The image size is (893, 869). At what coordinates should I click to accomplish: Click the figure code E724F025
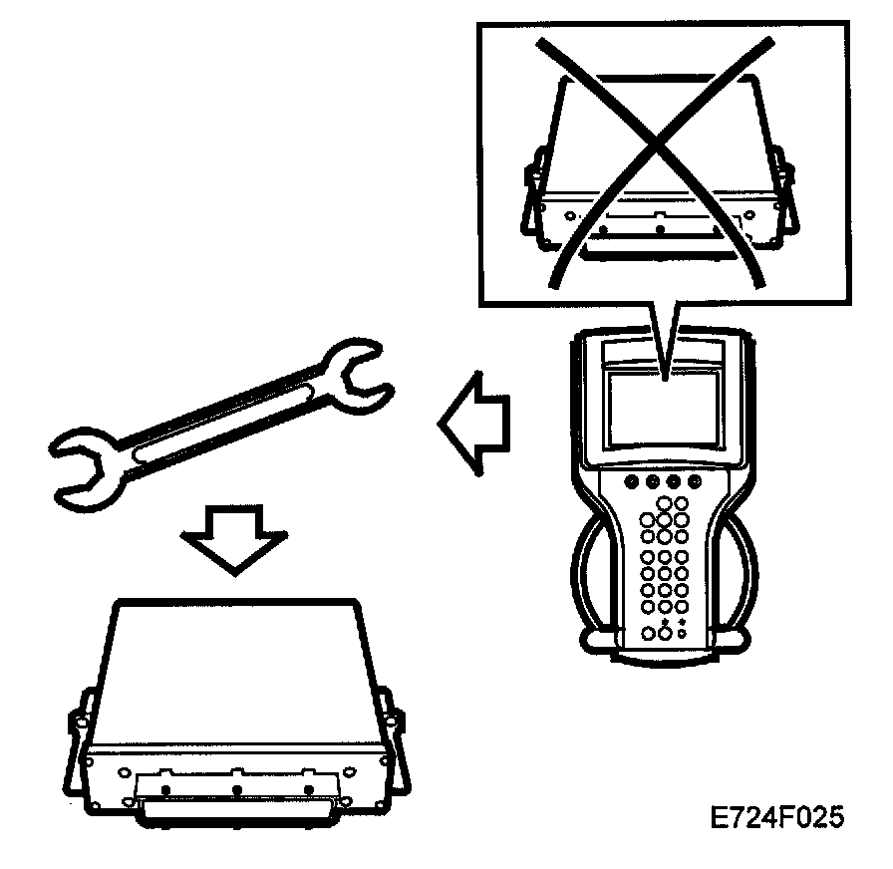pos(776,818)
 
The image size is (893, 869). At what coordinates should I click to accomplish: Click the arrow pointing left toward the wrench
pos(474,425)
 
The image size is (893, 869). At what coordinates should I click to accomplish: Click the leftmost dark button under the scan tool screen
pos(631,482)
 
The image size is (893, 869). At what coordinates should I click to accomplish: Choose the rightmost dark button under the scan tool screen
pos(696,482)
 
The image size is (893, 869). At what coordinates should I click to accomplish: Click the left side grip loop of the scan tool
pos(590,578)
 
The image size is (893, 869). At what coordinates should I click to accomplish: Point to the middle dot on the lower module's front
pos(238,789)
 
